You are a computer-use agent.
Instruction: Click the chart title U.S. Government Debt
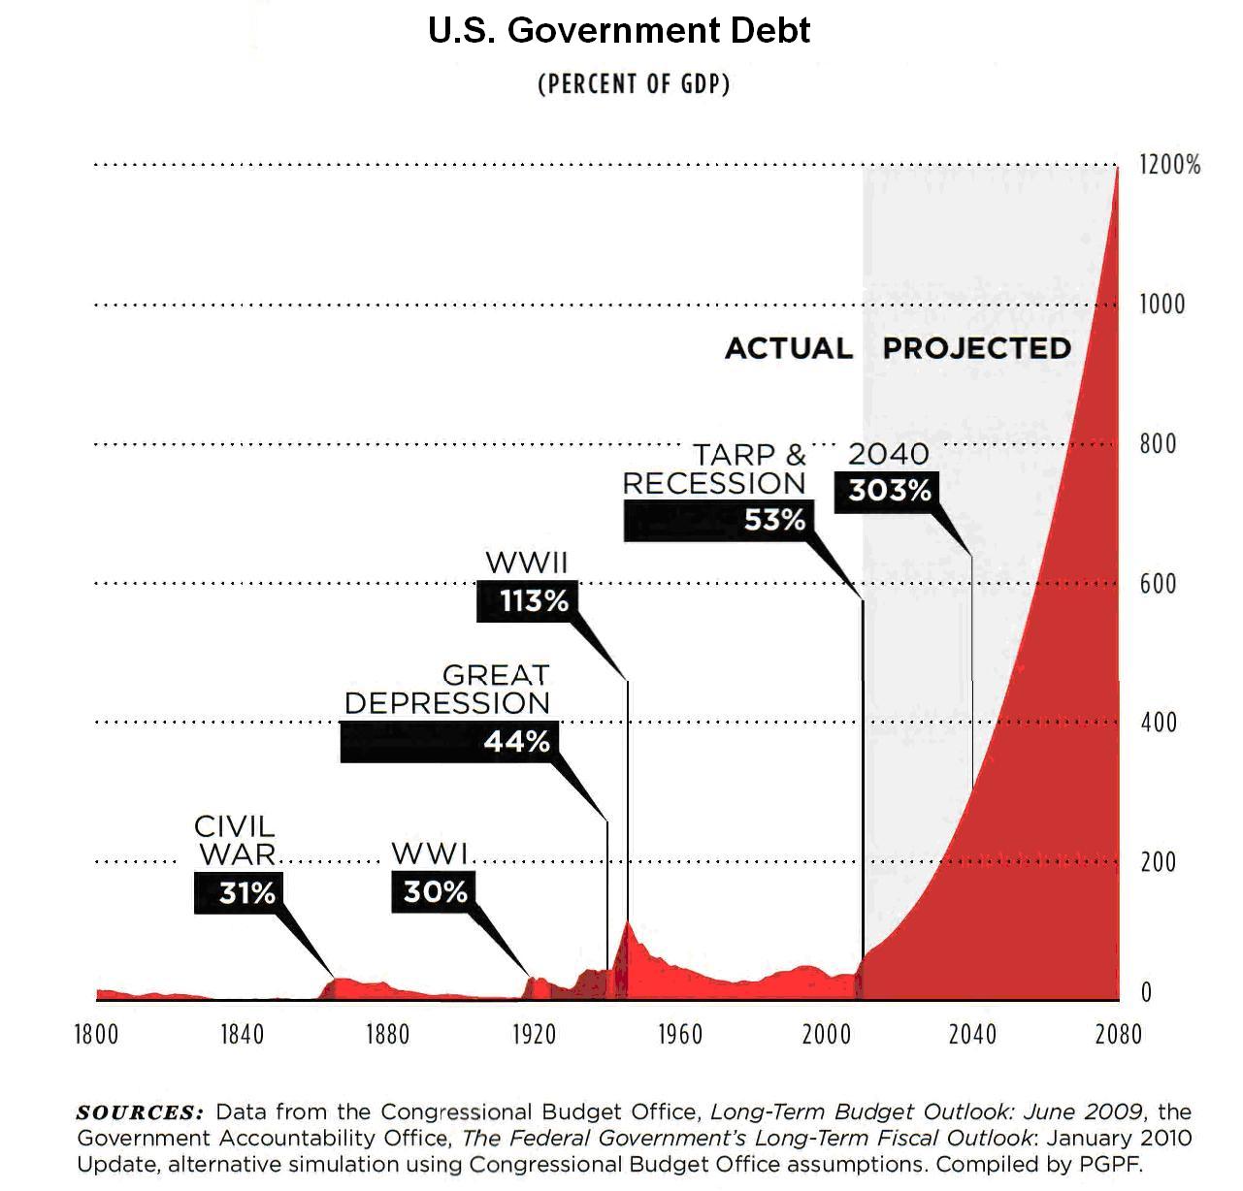(619, 31)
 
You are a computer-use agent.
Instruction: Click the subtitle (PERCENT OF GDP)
(633, 83)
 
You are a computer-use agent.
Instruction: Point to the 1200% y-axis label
(1169, 165)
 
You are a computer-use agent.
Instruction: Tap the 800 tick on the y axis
(1158, 444)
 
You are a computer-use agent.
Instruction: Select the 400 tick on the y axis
(1158, 723)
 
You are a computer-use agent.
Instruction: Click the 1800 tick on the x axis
(96, 1035)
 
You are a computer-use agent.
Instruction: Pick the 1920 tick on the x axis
(533, 1035)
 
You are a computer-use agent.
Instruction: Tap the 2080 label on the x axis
(1118, 1035)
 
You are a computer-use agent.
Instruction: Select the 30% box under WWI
(435, 891)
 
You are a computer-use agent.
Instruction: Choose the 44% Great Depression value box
(450, 742)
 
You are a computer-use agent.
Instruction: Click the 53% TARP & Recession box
(716, 521)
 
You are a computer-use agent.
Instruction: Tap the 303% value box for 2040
(888, 491)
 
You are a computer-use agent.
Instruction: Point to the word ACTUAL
(789, 348)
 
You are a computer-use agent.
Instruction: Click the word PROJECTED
(976, 348)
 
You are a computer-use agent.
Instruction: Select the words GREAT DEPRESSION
(448, 689)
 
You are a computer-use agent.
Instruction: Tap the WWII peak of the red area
(628, 922)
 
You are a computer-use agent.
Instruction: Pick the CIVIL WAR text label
(236, 840)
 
